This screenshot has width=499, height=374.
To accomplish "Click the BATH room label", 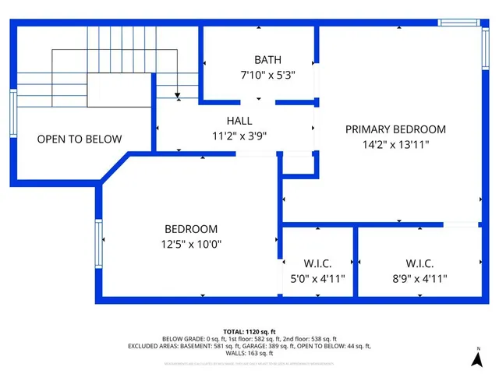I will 267,60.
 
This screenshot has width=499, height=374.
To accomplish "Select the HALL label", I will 239,121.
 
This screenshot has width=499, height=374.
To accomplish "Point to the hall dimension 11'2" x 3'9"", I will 239,136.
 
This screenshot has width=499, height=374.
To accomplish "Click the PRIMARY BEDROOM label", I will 395,129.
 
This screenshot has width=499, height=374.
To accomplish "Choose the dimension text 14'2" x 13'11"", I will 395,144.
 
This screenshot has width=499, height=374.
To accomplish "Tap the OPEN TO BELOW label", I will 80,139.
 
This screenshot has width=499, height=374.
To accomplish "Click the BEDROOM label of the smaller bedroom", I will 191,229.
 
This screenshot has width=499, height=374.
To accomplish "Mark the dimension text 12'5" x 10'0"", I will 191,244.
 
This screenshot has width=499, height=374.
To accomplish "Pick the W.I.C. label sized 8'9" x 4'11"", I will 419,263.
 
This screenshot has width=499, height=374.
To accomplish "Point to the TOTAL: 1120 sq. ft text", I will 249,331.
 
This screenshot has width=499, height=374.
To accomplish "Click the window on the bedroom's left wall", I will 98,244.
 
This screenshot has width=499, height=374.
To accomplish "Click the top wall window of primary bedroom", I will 458,23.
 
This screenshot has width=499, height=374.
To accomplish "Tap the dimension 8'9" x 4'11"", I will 419,278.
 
